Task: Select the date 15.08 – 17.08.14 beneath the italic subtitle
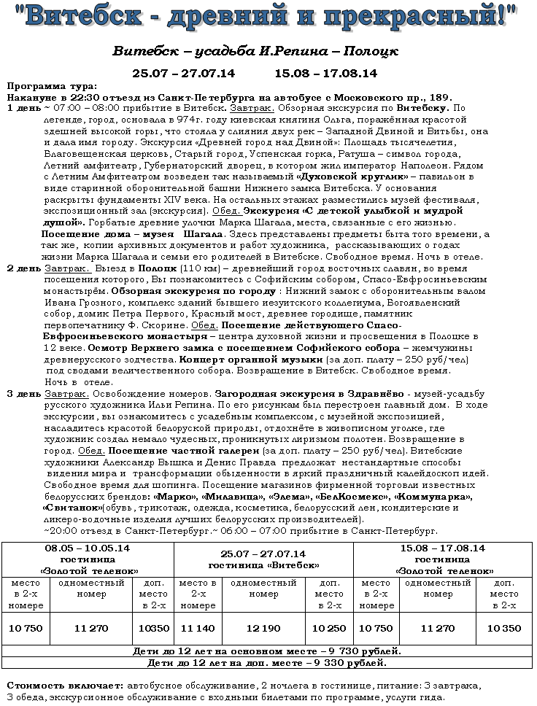coord(325,73)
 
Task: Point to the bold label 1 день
coord(24,107)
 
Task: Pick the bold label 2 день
coord(24,268)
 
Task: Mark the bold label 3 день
coord(24,394)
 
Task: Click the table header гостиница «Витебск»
coord(263,565)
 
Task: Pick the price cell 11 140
coord(197,628)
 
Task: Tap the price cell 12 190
coord(263,628)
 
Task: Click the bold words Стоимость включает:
coord(65,686)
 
